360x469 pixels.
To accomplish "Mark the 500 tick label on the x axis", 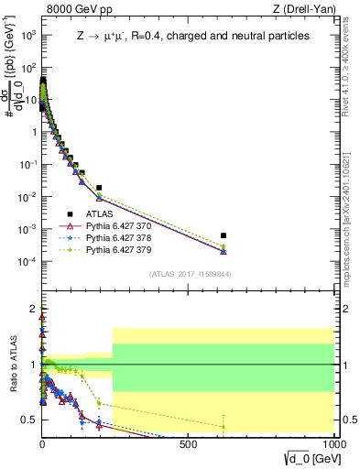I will (188, 444).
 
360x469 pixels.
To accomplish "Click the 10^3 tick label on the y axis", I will (27, 35).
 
